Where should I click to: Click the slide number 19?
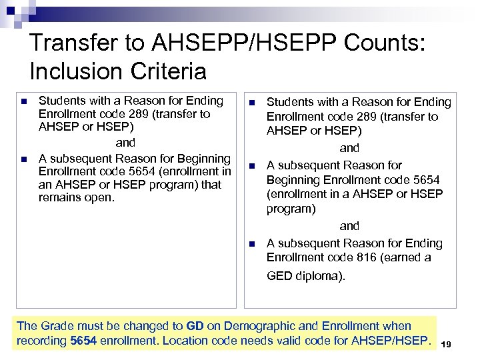pos(447,344)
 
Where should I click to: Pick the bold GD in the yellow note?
pos(195,326)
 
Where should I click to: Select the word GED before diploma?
pos(279,276)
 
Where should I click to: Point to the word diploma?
pos(321,276)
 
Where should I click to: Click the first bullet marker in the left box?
pos(24,101)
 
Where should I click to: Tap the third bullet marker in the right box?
pos(251,244)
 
